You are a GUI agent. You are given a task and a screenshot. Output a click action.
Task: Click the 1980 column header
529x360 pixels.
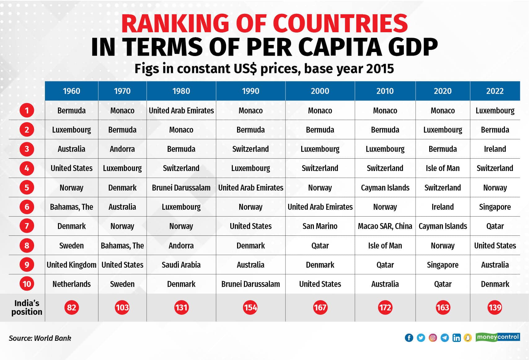181,91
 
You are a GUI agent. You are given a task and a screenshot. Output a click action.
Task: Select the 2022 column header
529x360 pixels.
495,91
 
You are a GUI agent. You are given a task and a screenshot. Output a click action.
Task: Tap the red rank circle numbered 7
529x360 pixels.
27,226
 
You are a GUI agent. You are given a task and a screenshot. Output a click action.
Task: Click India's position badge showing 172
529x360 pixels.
385,307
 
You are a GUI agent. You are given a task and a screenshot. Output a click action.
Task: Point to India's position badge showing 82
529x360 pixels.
72,307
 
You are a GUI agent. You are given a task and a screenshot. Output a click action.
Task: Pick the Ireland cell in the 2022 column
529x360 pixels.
495,149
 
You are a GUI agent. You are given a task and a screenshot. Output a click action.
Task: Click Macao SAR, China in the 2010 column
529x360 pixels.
385,226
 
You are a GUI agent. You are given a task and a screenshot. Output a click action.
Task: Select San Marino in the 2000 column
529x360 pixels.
320,226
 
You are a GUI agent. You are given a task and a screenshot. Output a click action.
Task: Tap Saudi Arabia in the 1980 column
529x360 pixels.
181,265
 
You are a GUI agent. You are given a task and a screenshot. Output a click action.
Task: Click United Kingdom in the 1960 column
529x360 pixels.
72,265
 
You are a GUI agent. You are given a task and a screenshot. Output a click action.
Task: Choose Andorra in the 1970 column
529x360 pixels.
122,149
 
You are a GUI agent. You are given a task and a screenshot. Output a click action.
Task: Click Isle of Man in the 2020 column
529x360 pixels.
443,168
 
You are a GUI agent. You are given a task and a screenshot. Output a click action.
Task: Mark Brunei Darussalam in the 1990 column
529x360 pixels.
250,284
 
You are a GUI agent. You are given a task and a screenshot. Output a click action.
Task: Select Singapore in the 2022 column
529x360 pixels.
495,207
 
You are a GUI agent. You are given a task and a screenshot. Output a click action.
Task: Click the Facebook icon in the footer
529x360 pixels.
409,338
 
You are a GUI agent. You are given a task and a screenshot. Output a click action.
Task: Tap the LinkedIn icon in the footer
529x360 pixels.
456,338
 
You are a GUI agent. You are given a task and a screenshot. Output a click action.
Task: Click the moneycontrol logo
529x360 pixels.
498,337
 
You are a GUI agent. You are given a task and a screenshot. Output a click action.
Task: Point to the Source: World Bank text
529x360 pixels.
40,338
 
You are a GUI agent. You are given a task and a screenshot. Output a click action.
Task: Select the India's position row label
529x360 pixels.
27,307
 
